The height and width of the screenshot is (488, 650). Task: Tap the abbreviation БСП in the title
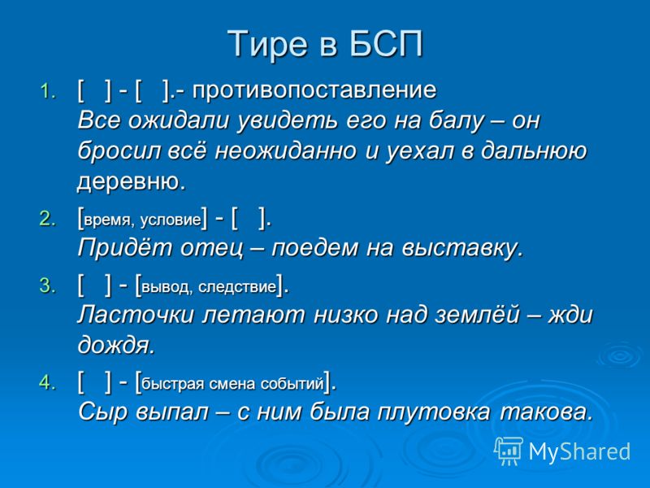pyautogui.click(x=386, y=43)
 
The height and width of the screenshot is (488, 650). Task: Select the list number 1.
pyautogui.click(x=48, y=91)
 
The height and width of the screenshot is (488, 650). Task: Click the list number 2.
pyautogui.click(x=48, y=219)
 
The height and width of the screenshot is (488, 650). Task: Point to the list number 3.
pyautogui.click(x=48, y=285)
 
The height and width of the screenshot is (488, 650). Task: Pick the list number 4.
pyautogui.click(x=48, y=382)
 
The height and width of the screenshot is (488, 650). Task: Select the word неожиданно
pyautogui.click(x=286, y=151)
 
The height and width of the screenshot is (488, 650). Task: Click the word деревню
pyautogui.click(x=132, y=181)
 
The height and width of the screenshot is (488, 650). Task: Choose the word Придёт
pyautogui.click(x=125, y=248)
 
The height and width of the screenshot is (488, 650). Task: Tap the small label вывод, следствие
pyautogui.click(x=209, y=287)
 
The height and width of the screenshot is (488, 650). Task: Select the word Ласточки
pyautogui.click(x=136, y=315)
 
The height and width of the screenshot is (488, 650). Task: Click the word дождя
pyautogui.click(x=116, y=345)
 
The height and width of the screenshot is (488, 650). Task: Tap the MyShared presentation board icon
pyautogui.click(x=509, y=451)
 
